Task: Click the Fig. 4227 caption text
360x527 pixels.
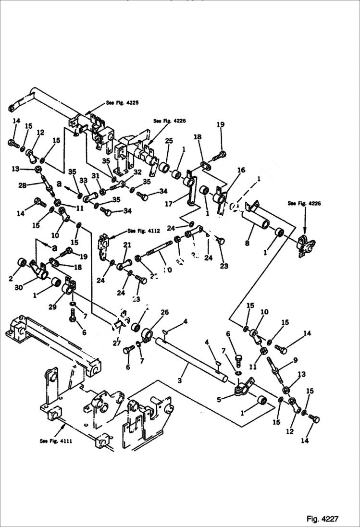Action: (x=323, y=519)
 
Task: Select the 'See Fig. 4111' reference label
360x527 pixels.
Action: (x=56, y=441)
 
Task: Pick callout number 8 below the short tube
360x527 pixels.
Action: (x=248, y=244)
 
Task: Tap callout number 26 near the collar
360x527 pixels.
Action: (x=164, y=313)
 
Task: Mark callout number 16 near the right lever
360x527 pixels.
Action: (x=241, y=170)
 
